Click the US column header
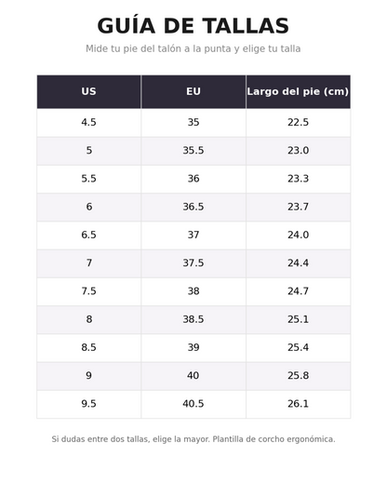[88, 91]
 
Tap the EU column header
[193, 91]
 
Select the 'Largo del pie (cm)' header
[298, 91]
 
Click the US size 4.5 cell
[88, 122]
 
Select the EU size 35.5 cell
[193, 151]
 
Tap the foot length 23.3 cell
[298, 179]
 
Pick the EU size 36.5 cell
[193, 207]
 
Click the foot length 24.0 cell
[298, 235]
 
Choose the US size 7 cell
[89, 263]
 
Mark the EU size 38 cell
[193, 291]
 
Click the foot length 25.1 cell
[298, 319]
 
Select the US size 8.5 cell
[88, 347]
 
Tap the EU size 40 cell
[193, 376]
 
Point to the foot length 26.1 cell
[298, 404]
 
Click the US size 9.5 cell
[88, 404]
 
